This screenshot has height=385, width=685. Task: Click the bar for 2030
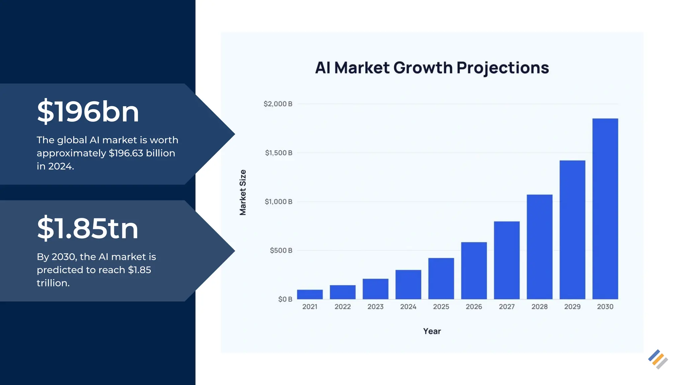(605, 209)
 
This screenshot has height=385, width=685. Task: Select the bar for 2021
(310, 294)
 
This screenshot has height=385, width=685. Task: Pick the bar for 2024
(408, 284)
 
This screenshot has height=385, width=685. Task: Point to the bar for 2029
(572, 230)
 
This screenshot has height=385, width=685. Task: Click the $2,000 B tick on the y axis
(278, 104)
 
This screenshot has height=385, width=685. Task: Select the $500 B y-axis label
(281, 250)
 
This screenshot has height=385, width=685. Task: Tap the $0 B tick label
(285, 299)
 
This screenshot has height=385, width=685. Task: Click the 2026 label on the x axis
(474, 307)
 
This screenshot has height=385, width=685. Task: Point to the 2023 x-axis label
(375, 307)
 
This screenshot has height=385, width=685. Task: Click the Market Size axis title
(243, 192)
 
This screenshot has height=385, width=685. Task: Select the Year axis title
(432, 331)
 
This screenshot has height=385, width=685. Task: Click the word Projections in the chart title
(502, 68)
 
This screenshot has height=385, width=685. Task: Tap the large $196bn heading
(88, 112)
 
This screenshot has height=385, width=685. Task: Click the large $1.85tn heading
(87, 229)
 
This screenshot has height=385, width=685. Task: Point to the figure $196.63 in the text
(126, 153)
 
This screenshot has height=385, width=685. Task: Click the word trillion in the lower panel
(53, 283)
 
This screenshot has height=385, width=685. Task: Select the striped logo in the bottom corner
(658, 359)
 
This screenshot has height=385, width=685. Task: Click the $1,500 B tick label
(278, 153)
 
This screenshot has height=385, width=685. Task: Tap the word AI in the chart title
(323, 68)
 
